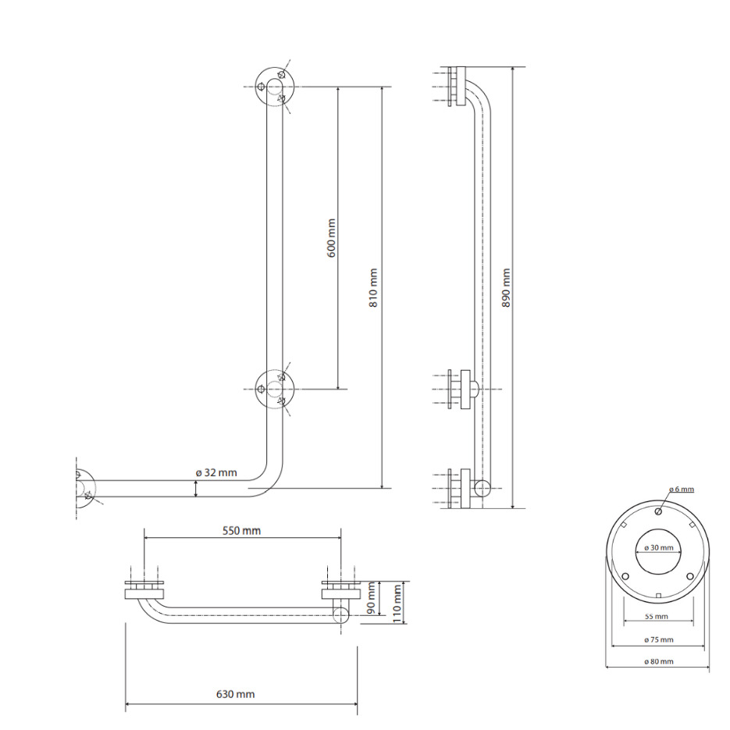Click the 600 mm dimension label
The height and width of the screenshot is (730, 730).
[331, 238]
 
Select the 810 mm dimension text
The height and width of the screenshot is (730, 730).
[373, 288]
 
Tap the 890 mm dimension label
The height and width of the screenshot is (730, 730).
[506, 288]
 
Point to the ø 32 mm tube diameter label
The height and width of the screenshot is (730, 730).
[216, 472]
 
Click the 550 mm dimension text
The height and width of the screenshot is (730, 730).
[241, 530]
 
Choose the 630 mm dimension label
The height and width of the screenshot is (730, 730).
[235, 694]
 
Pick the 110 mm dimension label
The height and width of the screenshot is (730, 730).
[397, 604]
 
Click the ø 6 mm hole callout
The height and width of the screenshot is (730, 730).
[681, 490]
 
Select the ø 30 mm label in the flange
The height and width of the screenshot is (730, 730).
[659, 547]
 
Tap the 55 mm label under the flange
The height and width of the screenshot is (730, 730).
[657, 617]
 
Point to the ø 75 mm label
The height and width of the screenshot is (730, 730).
[659, 639]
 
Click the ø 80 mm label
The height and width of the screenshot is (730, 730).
[659, 661]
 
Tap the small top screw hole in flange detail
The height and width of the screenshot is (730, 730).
[658, 511]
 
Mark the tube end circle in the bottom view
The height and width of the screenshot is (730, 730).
[341, 615]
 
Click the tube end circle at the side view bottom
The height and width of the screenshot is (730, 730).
[483, 488]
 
